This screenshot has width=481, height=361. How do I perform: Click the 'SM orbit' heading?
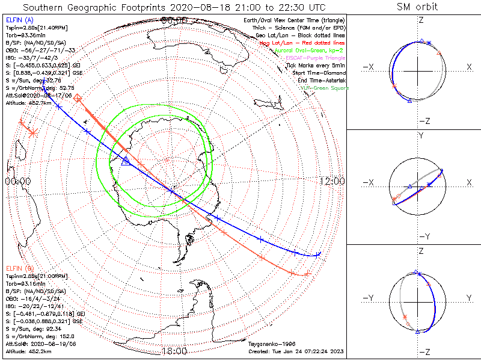coord(417,7)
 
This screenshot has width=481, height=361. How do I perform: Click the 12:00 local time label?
coord(331,181)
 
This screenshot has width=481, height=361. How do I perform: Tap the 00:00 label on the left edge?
coord(17,181)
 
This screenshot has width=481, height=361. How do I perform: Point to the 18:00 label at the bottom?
coord(174,351)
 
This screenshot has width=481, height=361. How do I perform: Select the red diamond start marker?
coord(78,97)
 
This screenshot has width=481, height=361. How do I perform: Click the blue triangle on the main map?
coord(126,161)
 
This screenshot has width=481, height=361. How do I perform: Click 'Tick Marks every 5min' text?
coord(317,66)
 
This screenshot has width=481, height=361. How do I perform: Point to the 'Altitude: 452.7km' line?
coord(26,102)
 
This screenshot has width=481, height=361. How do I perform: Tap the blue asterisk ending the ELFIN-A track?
coord(317,255)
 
